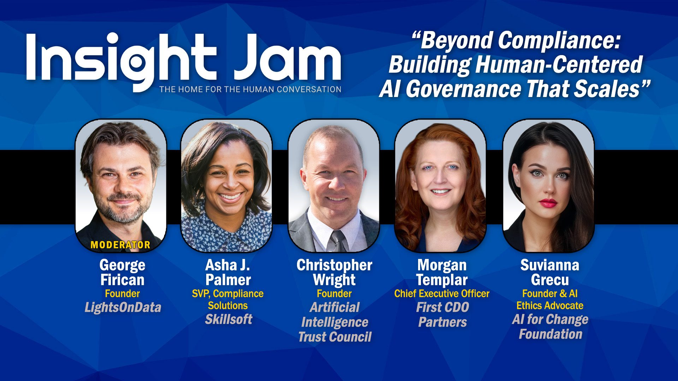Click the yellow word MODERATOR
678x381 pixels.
(x=120, y=245)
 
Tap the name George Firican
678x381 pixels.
(x=123, y=272)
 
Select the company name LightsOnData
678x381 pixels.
(x=123, y=307)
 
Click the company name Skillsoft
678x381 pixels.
(x=228, y=319)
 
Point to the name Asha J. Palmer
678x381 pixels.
(x=228, y=272)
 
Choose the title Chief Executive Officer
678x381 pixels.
(x=442, y=294)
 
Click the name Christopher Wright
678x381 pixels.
(x=334, y=272)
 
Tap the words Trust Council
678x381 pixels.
(x=335, y=337)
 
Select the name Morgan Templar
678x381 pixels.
(x=442, y=272)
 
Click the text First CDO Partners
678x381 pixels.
(x=442, y=315)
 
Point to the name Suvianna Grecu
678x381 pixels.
(x=550, y=272)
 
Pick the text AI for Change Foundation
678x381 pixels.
(x=550, y=327)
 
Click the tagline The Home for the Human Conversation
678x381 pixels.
(x=250, y=89)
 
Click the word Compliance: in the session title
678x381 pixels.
(x=559, y=41)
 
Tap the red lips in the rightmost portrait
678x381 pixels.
(x=548, y=203)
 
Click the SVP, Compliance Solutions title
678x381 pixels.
(x=228, y=300)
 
